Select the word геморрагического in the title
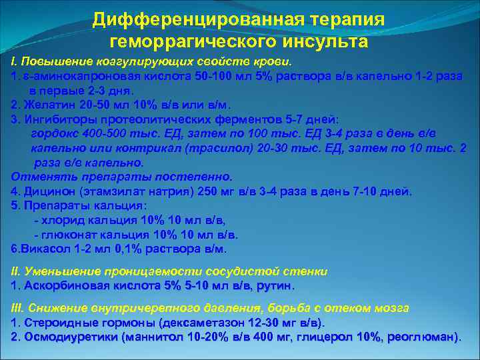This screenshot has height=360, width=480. point(189,42)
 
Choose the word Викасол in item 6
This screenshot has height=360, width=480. point(43,249)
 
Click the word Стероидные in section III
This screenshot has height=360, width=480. point(56,323)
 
